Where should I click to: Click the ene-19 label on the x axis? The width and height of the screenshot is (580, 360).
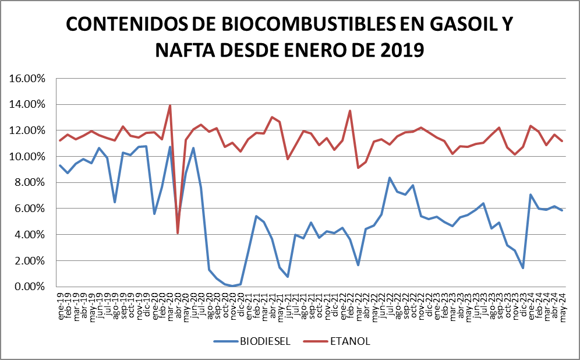point(60,303)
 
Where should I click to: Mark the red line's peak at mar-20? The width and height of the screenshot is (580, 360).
point(169,105)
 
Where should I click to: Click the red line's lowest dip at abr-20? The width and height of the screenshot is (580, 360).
point(178,233)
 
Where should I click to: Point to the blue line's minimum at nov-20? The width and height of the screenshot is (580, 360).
point(232,286)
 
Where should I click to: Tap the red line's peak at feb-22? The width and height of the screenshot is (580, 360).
point(350,111)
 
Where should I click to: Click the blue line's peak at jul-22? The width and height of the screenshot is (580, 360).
point(389,178)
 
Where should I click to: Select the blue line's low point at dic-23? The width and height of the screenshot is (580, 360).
point(523,268)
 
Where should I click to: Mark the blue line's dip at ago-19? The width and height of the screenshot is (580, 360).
point(115,202)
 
